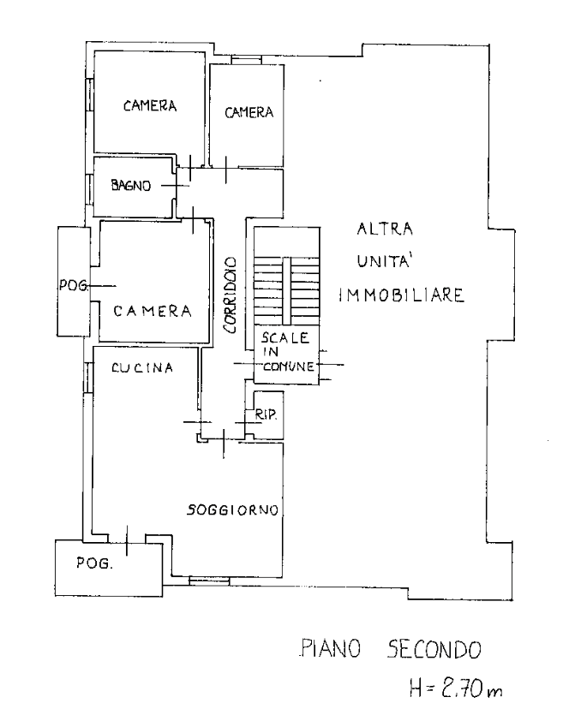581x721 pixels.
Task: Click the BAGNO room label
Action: coord(131,185)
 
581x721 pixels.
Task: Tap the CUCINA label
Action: coord(142,367)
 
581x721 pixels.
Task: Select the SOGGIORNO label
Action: coord(233,509)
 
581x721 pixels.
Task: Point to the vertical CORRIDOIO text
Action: coord(230,295)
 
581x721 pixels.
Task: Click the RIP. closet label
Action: coord(267,414)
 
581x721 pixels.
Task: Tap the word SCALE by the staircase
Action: coord(285,338)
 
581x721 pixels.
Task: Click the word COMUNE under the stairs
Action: coord(289,366)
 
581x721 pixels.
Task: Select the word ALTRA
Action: coord(385,229)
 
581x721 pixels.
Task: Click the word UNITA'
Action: coord(384,260)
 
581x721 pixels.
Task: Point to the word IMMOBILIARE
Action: coord(402,295)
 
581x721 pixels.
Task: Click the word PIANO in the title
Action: coord(330,649)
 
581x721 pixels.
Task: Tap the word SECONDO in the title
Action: coord(434,649)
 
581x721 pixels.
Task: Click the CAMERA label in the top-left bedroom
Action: coord(150,106)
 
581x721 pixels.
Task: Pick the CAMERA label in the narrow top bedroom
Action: coord(249,112)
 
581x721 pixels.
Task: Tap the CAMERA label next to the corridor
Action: coord(153,312)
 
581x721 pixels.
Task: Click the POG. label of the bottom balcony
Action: coord(94,563)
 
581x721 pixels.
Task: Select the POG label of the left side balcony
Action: coord(73,285)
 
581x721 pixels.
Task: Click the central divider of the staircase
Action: coord(287,291)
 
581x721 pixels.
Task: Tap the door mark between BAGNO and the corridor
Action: coord(176,186)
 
